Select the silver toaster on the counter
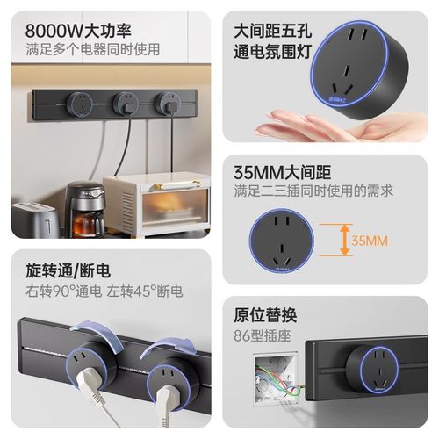click(x=32, y=217)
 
